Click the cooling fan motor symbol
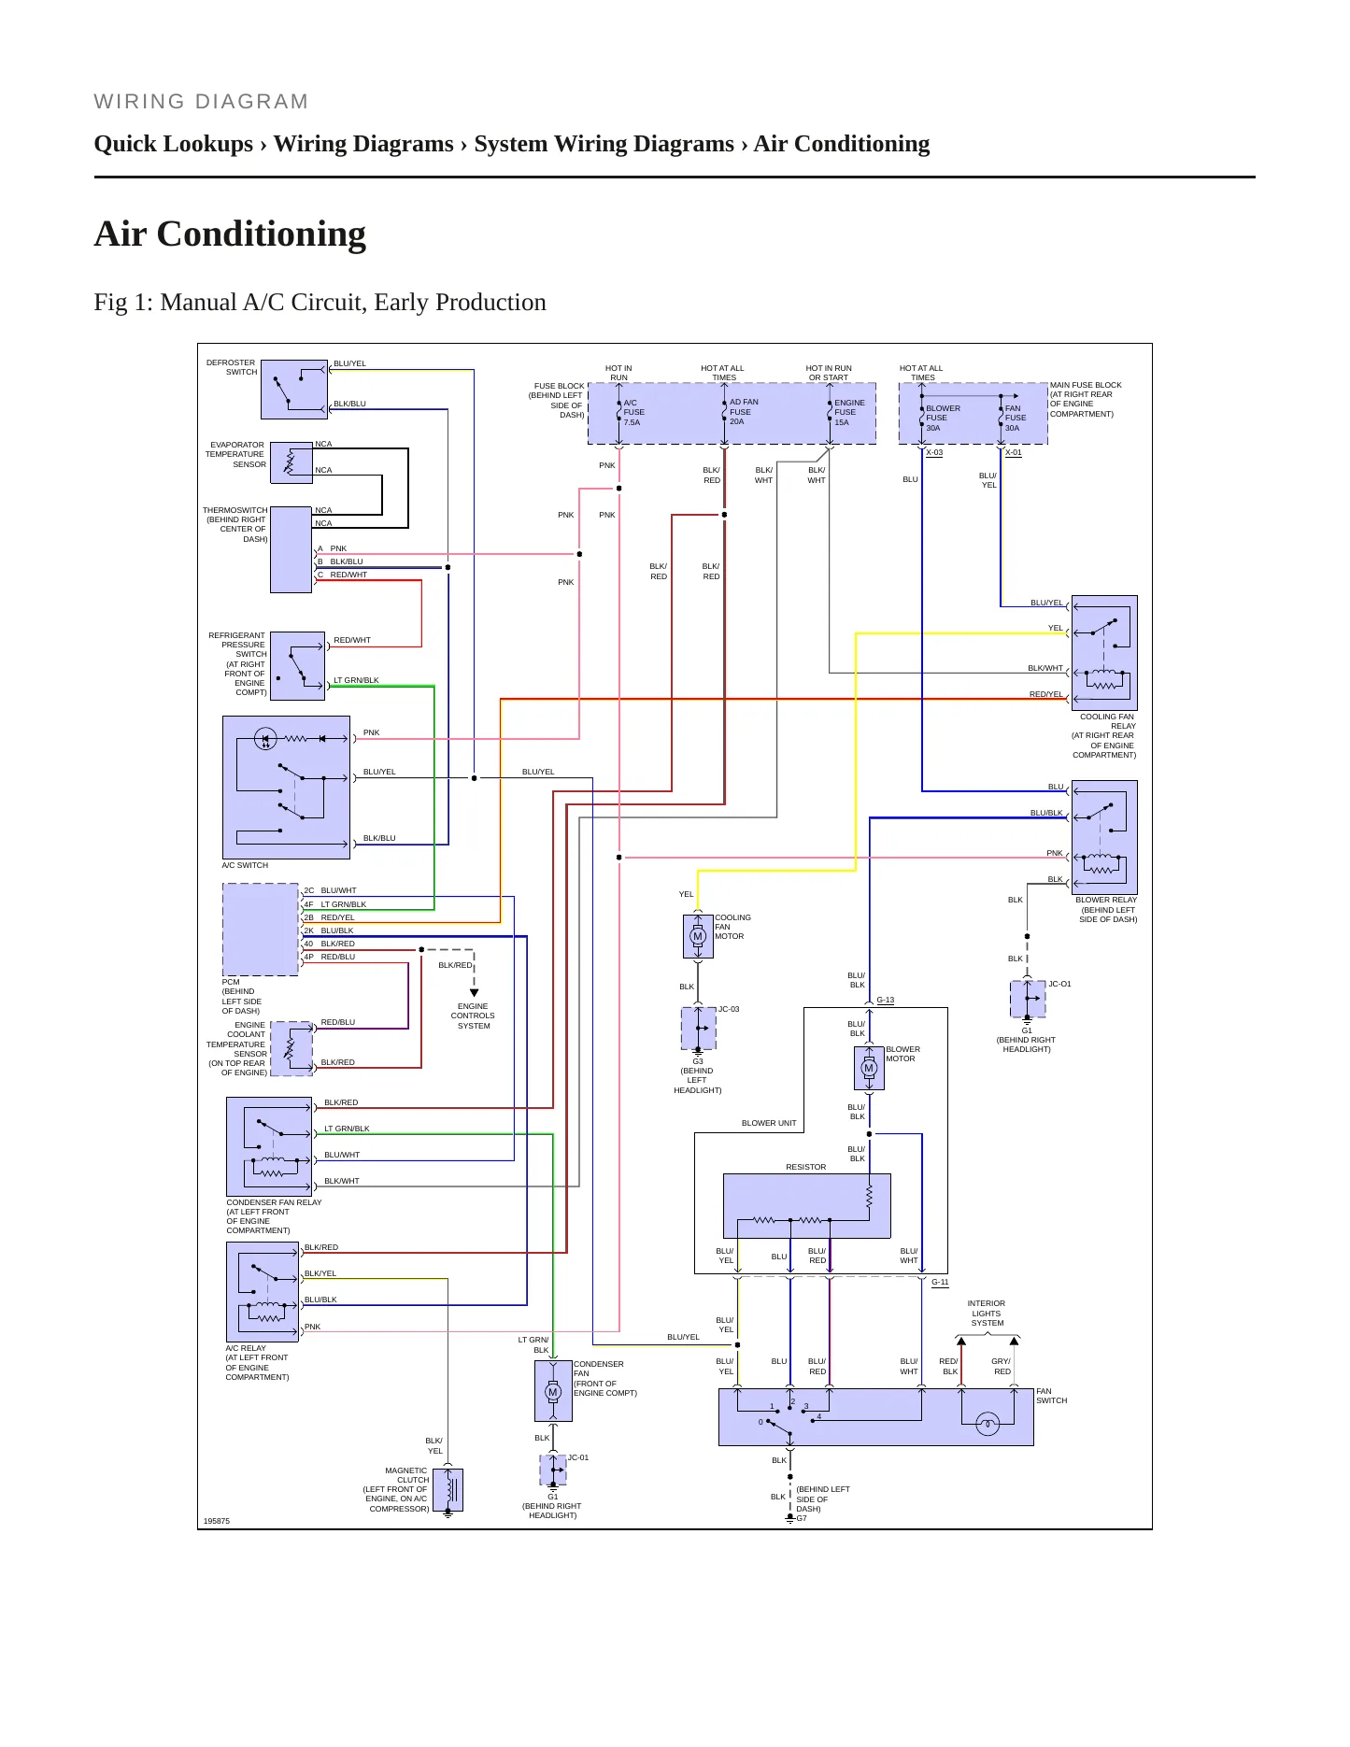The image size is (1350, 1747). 698,936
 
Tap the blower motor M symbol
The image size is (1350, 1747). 869,1068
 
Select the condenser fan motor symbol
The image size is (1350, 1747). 553,1392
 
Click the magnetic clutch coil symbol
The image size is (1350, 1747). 448,1489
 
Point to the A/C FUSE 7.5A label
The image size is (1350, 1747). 633,412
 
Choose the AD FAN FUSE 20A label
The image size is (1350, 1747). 744,412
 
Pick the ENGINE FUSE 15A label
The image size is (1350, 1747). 849,412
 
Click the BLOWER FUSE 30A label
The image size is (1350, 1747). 943,418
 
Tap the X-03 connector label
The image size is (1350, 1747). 934,452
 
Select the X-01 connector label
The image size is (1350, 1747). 1014,452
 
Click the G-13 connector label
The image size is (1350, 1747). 886,1000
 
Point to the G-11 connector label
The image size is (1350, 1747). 940,1282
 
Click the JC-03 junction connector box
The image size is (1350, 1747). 699,1028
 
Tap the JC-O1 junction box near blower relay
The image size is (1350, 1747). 1028,998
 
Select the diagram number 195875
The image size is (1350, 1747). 217,1521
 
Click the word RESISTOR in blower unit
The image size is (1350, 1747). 806,1167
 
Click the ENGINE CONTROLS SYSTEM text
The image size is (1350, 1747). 474,1016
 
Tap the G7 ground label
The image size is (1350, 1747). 802,1518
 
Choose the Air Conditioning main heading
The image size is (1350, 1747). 230,234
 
